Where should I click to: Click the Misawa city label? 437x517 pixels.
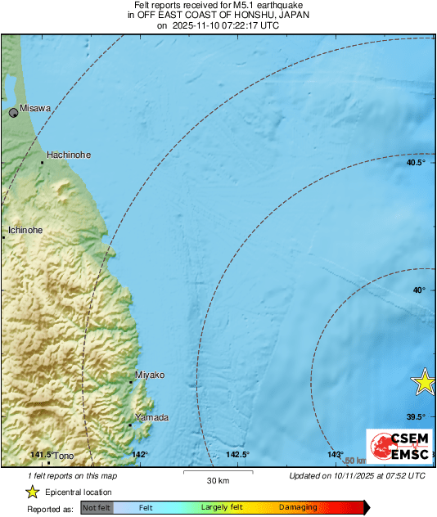tap(35, 108)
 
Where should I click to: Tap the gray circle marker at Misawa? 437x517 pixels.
tap(14, 113)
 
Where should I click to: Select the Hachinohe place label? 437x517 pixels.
tap(69, 155)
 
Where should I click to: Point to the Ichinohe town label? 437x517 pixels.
tap(25, 231)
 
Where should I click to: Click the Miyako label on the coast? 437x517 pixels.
tap(150, 375)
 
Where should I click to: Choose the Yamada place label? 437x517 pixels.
tap(152, 418)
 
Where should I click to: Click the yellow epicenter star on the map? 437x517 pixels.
tap(425, 380)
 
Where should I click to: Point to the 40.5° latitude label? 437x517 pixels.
tap(416, 163)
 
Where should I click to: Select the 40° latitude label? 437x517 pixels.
tap(419, 290)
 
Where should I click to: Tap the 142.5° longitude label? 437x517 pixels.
tap(238, 455)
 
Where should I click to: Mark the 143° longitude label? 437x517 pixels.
tap(336, 455)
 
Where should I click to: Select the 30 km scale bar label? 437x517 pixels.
tap(217, 480)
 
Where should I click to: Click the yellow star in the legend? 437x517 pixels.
tap(32, 492)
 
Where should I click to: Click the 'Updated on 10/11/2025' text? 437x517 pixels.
tap(357, 475)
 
